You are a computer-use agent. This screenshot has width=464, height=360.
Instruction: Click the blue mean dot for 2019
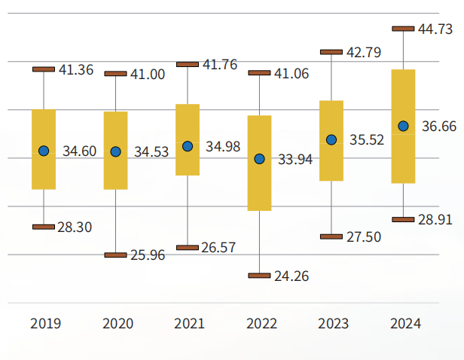tap(44, 151)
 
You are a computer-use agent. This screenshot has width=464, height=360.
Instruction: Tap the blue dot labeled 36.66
tap(404, 126)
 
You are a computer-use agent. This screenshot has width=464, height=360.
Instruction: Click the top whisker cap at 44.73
tap(404, 29)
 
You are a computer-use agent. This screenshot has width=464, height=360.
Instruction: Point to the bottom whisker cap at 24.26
tap(260, 276)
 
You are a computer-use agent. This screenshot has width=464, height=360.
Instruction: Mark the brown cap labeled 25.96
tap(115, 255)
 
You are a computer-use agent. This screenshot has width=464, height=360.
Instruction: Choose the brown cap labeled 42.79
tap(331, 52)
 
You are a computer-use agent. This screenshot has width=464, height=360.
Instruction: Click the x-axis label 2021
tap(189, 324)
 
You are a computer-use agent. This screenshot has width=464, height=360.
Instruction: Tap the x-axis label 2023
tap(333, 324)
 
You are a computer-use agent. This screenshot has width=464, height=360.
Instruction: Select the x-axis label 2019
tap(45, 324)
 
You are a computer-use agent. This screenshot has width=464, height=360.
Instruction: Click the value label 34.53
tap(151, 152)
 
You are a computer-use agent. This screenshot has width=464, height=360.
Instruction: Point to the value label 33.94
tap(295, 160)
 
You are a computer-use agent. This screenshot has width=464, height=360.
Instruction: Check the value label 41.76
tap(220, 65)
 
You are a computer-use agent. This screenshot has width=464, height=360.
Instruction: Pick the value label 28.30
tap(75, 227)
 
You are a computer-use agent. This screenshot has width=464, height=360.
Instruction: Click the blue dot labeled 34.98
tap(188, 146)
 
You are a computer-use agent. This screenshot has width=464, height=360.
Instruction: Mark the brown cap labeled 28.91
tap(404, 219)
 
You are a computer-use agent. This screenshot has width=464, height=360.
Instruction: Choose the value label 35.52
tap(367, 140)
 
